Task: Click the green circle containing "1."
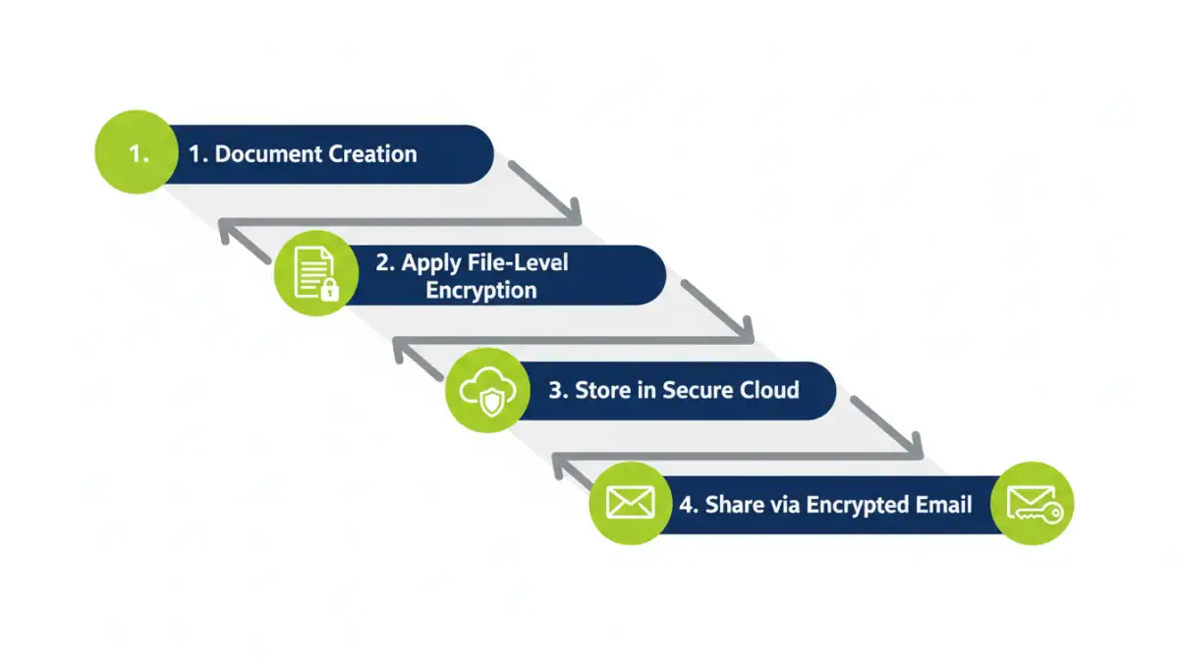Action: click(138, 154)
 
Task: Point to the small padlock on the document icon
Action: click(330, 289)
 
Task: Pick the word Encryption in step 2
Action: click(481, 291)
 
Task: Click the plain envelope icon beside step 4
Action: click(630, 504)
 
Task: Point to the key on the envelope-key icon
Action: click(1048, 513)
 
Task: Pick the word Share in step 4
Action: click(732, 505)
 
